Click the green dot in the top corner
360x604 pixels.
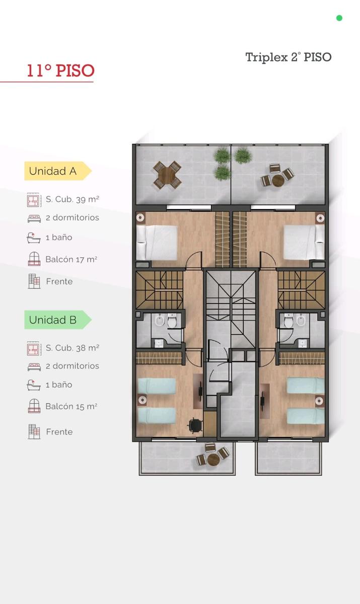(x=339, y=18)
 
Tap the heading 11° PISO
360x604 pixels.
(x=61, y=70)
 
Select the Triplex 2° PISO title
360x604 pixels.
(x=289, y=57)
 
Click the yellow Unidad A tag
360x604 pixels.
(x=58, y=171)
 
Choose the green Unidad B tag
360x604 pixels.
(x=58, y=320)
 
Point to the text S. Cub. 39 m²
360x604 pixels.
(x=73, y=199)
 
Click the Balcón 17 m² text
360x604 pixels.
(x=71, y=259)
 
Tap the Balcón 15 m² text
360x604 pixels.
(x=71, y=406)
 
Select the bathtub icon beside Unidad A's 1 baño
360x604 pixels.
(x=34, y=238)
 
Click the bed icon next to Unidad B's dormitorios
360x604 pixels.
(x=34, y=367)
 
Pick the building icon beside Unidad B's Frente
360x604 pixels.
(x=34, y=432)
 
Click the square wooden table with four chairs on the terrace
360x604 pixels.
(x=167, y=175)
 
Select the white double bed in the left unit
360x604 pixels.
(x=157, y=243)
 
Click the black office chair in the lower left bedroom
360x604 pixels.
(x=195, y=425)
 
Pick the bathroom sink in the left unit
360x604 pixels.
(x=159, y=343)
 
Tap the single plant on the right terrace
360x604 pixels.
(x=243, y=156)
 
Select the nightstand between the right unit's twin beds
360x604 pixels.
(x=320, y=401)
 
